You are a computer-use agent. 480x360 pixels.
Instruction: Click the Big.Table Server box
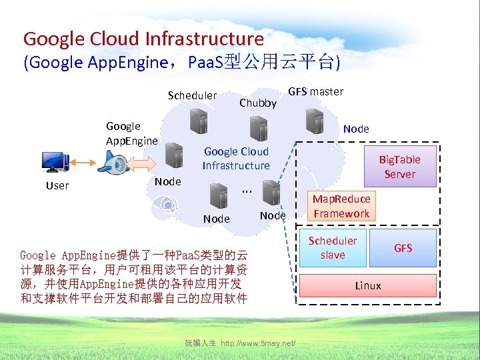click(x=400, y=167)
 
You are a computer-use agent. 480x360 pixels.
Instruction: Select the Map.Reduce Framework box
click(x=341, y=206)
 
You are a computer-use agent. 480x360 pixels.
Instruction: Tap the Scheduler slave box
click(x=333, y=248)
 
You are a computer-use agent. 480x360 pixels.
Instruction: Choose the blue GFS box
click(x=403, y=248)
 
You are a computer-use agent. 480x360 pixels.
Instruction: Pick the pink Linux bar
click(x=368, y=286)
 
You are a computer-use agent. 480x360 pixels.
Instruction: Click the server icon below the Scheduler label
click(x=198, y=122)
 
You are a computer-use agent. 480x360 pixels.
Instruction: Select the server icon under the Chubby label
click(x=257, y=127)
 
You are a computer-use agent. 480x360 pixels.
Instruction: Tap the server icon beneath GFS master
click(x=313, y=121)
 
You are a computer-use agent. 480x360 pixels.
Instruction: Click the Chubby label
click(x=258, y=103)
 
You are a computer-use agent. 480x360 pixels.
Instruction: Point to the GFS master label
click(x=316, y=91)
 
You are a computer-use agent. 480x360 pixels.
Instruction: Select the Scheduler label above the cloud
click(x=192, y=95)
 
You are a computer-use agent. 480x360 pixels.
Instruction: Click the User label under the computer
click(x=57, y=185)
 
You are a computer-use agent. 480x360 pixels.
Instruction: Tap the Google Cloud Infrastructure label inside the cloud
click(x=236, y=159)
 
